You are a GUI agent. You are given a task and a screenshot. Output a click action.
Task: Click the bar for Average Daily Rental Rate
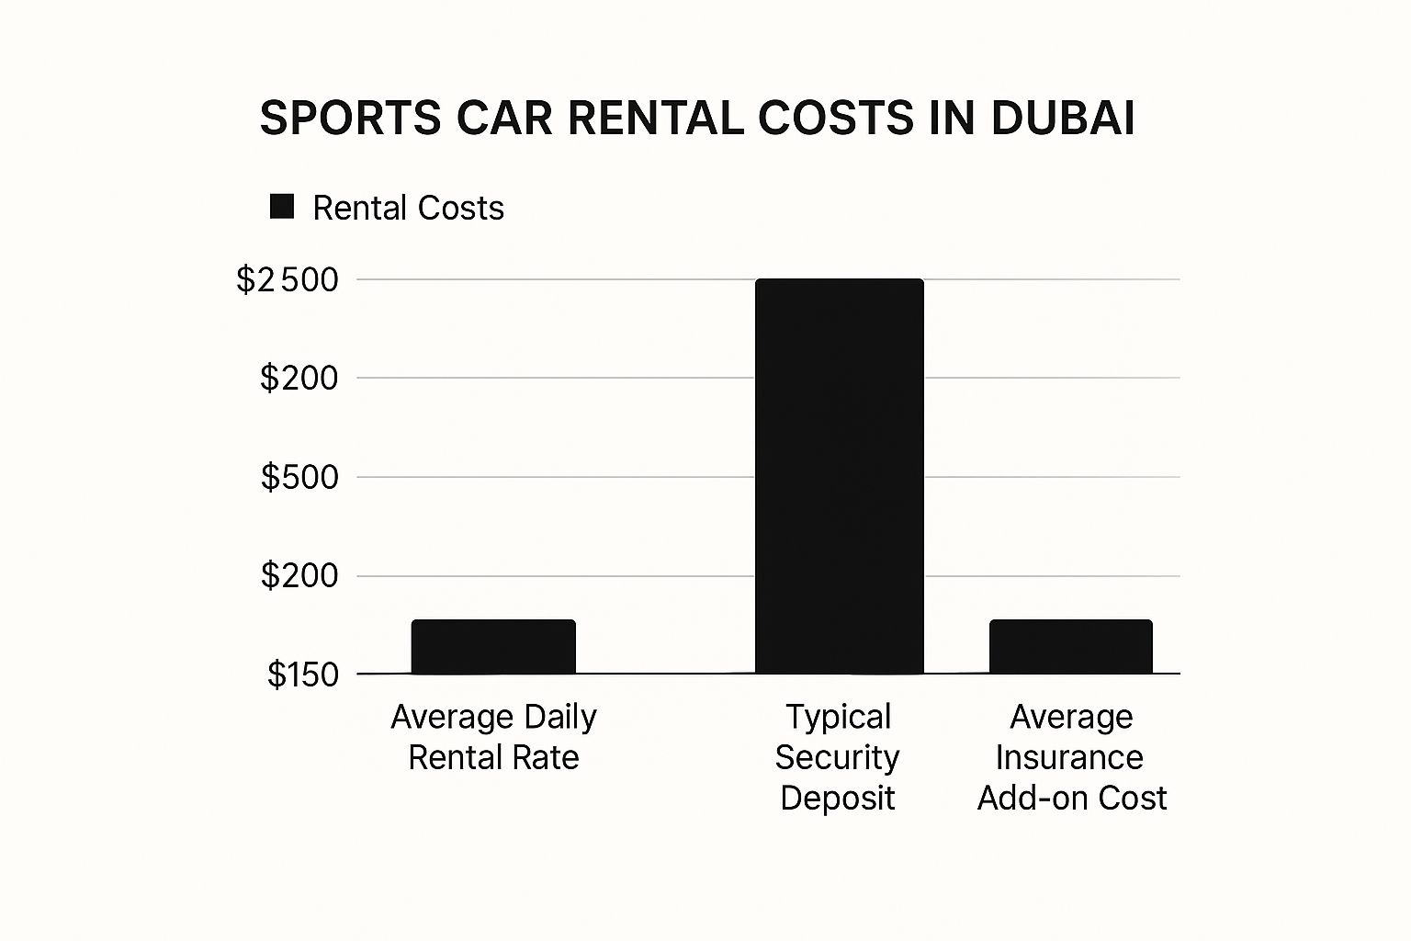(493, 647)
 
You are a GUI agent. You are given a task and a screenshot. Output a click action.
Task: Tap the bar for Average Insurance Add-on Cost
(1070, 647)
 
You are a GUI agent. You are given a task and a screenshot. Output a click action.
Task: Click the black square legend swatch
(282, 207)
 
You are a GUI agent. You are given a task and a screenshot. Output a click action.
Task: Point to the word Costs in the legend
(458, 209)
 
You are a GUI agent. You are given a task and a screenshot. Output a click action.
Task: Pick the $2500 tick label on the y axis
(288, 279)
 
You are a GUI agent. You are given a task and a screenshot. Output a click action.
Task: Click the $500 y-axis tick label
(299, 477)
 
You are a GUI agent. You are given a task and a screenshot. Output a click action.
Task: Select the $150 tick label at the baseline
(303, 675)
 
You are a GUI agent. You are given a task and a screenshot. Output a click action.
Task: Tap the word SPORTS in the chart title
(351, 119)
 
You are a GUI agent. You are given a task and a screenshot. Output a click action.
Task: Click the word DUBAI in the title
(1063, 119)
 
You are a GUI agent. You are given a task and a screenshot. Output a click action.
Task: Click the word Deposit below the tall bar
(837, 798)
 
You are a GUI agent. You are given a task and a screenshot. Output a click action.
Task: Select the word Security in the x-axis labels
(837, 757)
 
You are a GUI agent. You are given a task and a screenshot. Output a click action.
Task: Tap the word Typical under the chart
(839, 717)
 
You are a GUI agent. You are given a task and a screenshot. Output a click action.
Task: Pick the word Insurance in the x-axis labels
(1069, 757)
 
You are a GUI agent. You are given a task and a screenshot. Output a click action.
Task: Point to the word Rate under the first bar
(547, 757)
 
